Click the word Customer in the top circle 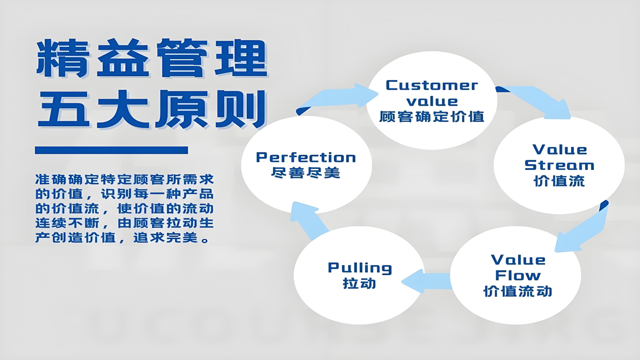pyautogui.click(x=431, y=85)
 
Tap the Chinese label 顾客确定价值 pyautogui.click(x=431, y=117)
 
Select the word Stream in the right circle pyautogui.click(x=559, y=165)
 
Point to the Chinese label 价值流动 pyautogui.click(x=517, y=291)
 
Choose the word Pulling pyautogui.click(x=359, y=267)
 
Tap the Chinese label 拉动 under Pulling pyautogui.click(x=359, y=283)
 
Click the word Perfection pyautogui.click(x=305, y=157)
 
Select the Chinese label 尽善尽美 pyautogui.click(x=305, y=173)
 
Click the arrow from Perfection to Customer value pyautogui.click(x=340, y=96)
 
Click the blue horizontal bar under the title pyautogui.click(x=111, y=150)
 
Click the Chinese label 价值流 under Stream pyautogui.click(x=559, y=181)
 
